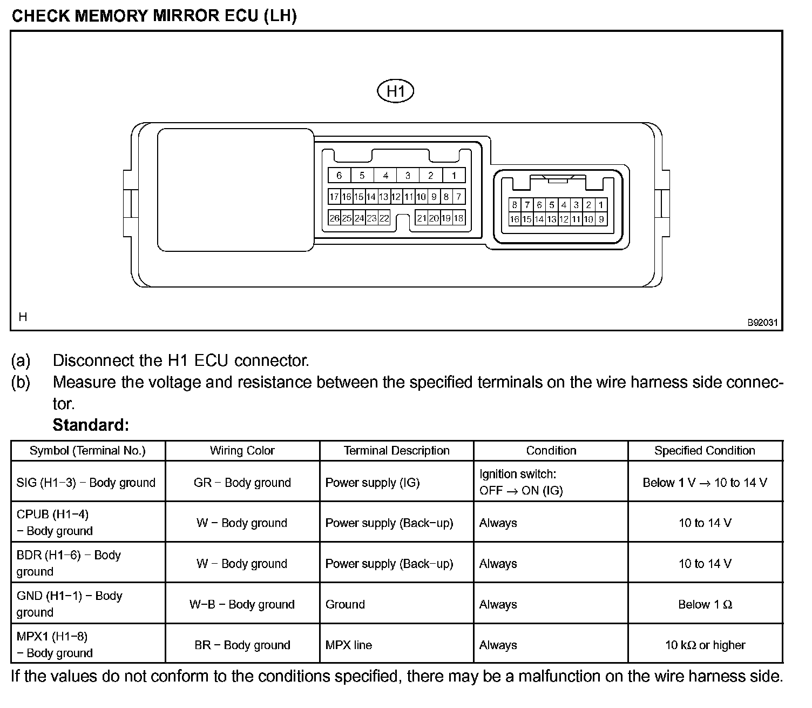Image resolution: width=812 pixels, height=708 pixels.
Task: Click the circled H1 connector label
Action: [395, 91]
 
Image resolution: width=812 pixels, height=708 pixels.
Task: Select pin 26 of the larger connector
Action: [334, 218]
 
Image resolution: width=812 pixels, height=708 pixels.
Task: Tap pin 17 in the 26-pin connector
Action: [334, 197]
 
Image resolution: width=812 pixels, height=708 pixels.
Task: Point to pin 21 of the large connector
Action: [421, 218]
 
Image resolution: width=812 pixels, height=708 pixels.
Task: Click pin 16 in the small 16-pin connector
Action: [515, 219]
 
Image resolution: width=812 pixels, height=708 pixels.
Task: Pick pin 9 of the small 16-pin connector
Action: [601, 219]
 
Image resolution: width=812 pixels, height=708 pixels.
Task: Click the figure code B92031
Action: [762, 323]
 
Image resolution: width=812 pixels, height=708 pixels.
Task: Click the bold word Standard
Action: [91, 425]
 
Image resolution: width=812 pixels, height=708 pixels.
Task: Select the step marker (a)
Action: [21, 360]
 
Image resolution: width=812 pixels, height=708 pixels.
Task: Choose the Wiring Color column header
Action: [242, 451]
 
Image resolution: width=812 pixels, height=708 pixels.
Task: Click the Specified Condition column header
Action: [705, 451]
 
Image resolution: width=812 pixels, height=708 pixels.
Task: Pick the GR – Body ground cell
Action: [242, 482]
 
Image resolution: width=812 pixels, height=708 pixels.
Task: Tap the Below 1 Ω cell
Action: [705, 604]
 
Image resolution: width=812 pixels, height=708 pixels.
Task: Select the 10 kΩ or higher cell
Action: [705, 645]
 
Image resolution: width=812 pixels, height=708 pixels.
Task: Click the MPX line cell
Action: [349, 645]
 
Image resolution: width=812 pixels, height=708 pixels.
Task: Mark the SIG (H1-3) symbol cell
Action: [86, 482]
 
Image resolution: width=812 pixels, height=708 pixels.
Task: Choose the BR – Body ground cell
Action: [242, 645]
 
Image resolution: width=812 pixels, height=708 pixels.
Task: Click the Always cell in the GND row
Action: [498, 604]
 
